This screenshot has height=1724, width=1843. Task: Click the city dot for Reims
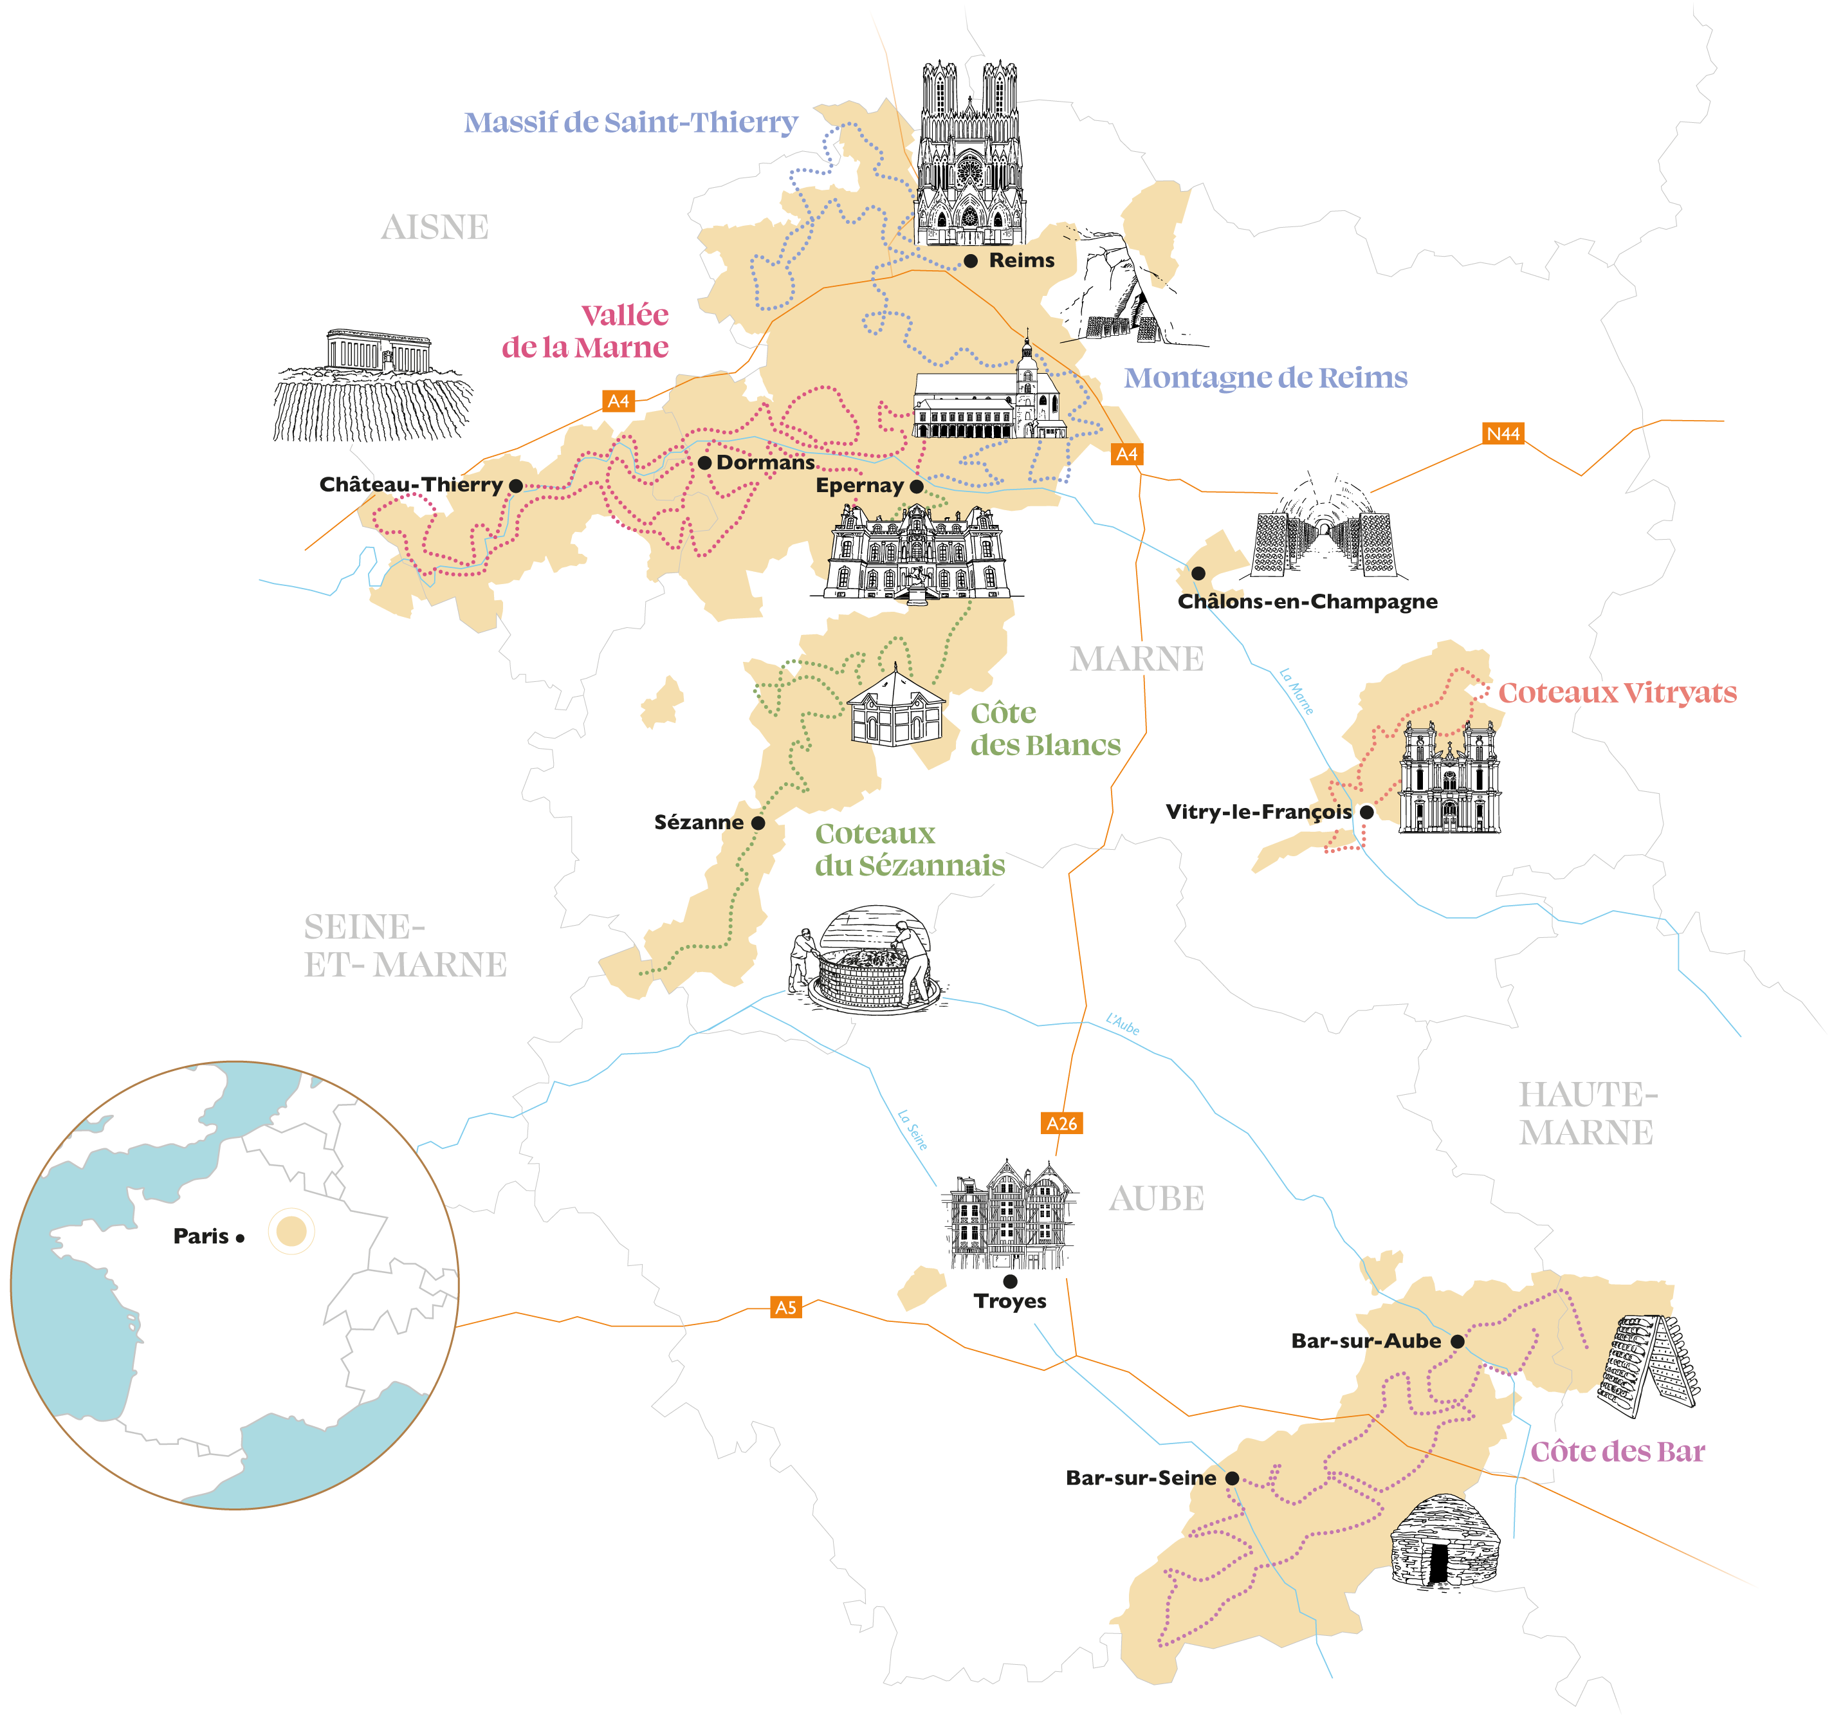coord(971,261)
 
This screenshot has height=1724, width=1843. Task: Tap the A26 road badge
coord(1061,1123)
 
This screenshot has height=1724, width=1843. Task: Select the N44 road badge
coord(1503,434)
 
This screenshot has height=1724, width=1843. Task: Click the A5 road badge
coord(785,1307)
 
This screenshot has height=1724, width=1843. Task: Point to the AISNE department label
coord(435,227)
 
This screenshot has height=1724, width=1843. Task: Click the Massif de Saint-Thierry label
coord(630,122)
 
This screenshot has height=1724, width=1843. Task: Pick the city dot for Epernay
coord(917,486)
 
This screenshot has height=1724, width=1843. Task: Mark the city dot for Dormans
coord(704,463)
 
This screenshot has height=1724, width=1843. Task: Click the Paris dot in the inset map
coord(240,1238)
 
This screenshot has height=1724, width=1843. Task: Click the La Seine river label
coord(912,1130)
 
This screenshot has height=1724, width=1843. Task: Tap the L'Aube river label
coord(1123,1024)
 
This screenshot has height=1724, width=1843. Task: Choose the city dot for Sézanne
coord(758,822)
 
